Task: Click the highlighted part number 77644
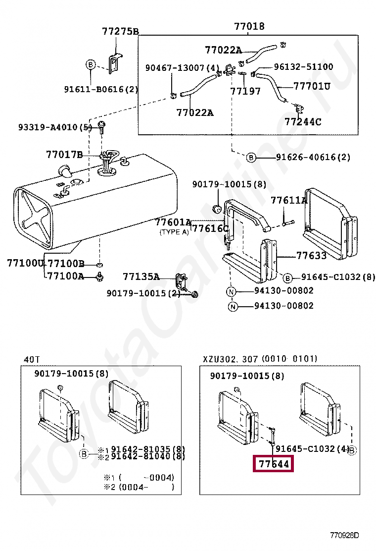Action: (273, 464)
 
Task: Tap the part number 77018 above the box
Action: (249, 27)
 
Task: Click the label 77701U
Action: (312, 86)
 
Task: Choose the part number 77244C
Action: (303, 121)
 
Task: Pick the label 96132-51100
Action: (303, 66)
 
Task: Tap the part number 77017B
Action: (65, 155)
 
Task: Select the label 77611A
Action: (289, 201)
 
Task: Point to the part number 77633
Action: (311, 256)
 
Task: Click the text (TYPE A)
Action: (174, 232)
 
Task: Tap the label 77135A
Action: (141, 276)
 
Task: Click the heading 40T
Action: (32, 359)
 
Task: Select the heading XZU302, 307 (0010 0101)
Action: (260, 359)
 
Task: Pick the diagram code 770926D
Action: (345, 535)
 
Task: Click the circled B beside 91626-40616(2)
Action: (251, 158)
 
